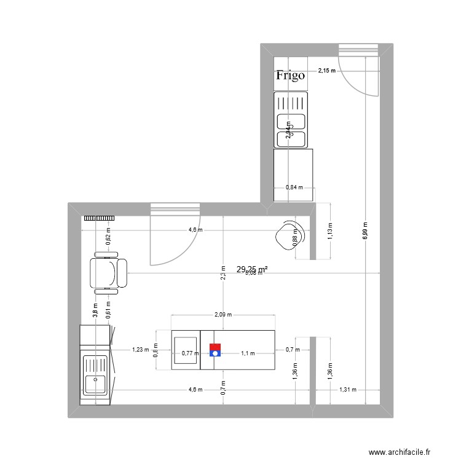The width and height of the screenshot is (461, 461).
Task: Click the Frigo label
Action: tap(290, 76)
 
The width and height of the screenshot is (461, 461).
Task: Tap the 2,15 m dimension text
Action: tap(327, 71)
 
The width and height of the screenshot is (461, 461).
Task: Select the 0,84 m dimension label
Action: tap(294, 188)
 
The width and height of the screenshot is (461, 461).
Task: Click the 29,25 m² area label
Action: tap(252, 269)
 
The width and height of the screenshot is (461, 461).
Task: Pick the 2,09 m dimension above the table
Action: tap(223, 315)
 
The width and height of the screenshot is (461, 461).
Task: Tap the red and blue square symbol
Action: tap(215, 350)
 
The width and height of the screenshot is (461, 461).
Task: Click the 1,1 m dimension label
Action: tap(248, 353)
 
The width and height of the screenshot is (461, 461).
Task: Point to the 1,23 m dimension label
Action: tap(141, 350)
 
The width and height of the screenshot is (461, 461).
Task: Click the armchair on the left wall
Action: tap(108, 273)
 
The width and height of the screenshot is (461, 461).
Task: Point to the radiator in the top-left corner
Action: tap(100, 218)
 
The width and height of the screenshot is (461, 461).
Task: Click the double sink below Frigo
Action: tap(291, 120)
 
